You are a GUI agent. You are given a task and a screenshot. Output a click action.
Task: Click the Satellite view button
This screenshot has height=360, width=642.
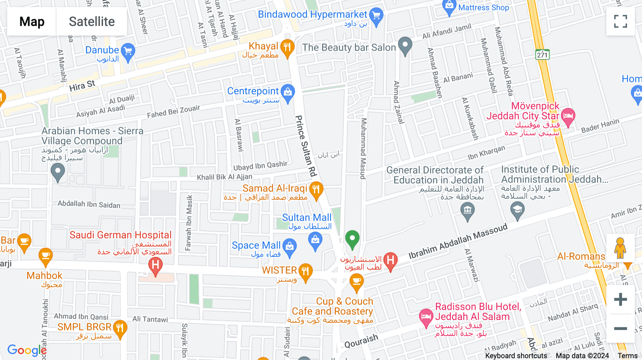click(92, 22)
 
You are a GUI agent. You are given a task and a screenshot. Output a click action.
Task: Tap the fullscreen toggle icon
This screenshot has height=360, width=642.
click(620, 21)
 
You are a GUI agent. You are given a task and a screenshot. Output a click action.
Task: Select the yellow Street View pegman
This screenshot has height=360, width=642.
click(620, 248)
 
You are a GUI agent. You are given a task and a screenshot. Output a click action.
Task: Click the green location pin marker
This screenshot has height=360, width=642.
click(352, 238)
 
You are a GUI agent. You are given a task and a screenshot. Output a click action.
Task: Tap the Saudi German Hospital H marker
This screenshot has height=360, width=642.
click(156, 266)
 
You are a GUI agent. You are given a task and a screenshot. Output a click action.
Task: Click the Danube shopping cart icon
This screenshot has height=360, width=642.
click(128, 52)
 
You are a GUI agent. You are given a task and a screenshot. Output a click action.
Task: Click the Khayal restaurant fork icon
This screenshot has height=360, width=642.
click(287, 47)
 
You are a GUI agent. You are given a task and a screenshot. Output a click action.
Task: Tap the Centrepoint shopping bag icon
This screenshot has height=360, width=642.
click(287, 92)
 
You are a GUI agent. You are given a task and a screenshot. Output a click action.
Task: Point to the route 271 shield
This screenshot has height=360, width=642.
click(542, 55)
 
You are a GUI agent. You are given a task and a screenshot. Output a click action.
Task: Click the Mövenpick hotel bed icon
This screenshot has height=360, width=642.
click(568, 116)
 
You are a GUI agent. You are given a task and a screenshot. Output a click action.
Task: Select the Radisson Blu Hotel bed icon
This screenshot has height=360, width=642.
click(426, 317)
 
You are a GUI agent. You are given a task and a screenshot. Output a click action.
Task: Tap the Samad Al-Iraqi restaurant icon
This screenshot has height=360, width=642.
click(316, 190)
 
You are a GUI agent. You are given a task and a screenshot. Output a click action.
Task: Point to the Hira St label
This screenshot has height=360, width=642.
click(82, 86)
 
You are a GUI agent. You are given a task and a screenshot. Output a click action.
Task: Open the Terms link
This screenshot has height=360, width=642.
click(627, 355)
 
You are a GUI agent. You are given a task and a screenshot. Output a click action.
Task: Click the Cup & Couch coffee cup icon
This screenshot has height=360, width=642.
click(356, 282)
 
